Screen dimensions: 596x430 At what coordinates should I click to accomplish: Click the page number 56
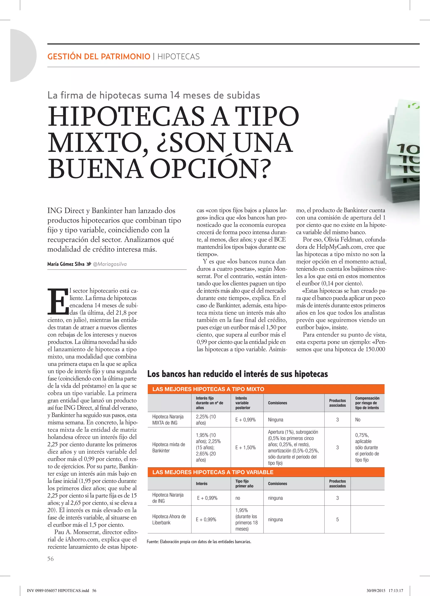[x=50, y=559]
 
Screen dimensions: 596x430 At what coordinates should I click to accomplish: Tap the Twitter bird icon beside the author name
[x=89, y=264]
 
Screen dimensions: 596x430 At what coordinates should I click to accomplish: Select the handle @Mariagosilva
[x=110, y=264]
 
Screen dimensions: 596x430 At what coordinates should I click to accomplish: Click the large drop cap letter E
[x=58, y=301]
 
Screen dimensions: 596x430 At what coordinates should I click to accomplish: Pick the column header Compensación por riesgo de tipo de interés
[x=367, y=403]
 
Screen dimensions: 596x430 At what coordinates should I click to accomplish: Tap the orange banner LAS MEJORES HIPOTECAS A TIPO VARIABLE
[x=213, y=472]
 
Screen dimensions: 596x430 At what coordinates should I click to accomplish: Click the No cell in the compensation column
[x=358, y=420]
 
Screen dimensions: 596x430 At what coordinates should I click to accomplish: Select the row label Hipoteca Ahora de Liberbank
[x=169, y=520]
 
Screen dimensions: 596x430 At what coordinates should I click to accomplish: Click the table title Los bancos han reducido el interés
[x=237, y=374]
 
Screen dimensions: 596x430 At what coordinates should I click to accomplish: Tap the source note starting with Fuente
[x=199, y=542]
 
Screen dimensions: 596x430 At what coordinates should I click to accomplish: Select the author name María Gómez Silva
[x=66, y=264]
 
